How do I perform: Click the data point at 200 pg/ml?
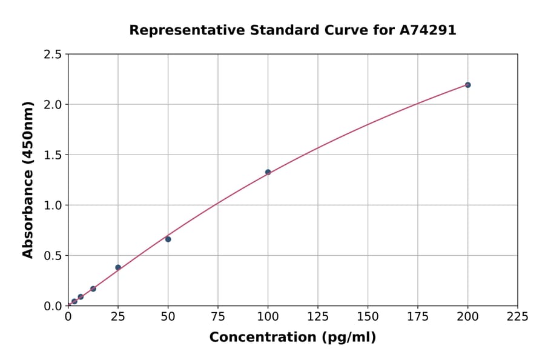coord(467,85)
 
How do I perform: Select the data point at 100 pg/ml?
coord(268,172)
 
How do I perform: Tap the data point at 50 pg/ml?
coord(168,239)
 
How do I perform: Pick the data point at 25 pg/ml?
coord(118,267)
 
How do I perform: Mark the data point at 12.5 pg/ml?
coord(93,289)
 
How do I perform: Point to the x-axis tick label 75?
coord(218,317)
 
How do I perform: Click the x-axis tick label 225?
coord(518,317)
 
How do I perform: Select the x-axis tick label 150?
coord(368,317)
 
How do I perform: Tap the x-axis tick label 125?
coord(318,317)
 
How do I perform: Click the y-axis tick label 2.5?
coord(53,55)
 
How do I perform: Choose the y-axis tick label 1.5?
coord(53,155)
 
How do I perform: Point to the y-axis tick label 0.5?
coord(53,256)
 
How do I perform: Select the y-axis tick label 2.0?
coord(53,105)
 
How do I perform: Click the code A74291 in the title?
coord(428,30)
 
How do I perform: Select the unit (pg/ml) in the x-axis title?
coord(349,338)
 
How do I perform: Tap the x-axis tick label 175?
coord(418,317)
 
